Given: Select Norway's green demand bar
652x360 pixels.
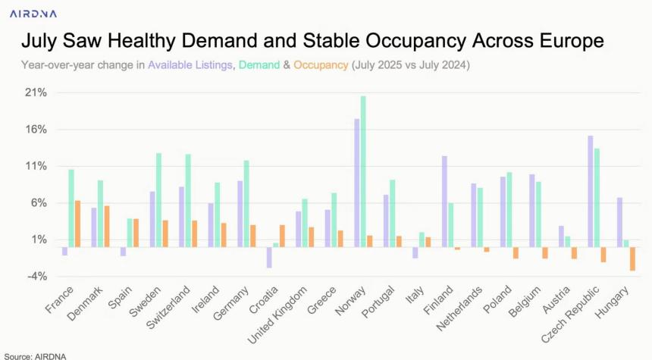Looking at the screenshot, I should pyautogui.click(x=363, y=171).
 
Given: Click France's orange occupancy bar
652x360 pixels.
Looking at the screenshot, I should pyautogui.click(x=77, y=224).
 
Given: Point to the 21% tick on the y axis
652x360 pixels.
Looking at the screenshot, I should pyautogui.click(x=36, y=93).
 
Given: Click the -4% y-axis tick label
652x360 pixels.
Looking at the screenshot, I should pyautogui.click(x=36, y=276).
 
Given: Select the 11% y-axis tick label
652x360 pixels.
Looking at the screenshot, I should pyautogui.click(x=36, y=166).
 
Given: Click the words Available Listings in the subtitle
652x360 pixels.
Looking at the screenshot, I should pyautogui.click(x=190, y=66).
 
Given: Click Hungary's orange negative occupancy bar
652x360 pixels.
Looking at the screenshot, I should pyautogui.click(x=632, y=258).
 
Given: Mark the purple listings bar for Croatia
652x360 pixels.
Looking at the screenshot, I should pyautogui.click(x=269, y=257).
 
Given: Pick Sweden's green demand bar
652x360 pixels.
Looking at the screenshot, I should pyautogui.click(x=158, y=199).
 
